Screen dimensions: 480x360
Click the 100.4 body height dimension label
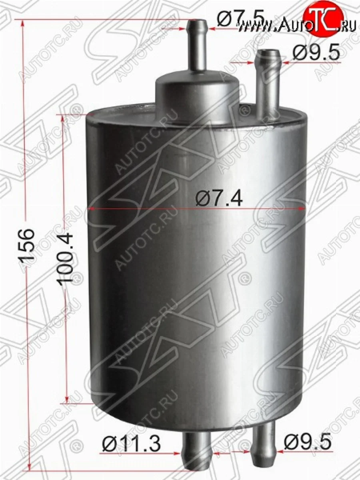(x=65, y=258)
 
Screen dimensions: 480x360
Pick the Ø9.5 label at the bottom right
(x=308, y=442)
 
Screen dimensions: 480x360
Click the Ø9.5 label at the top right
(x=316, y=53)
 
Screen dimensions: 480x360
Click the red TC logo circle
(x=324, y=18)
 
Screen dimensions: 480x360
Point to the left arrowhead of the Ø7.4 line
(x=90, y=208)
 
